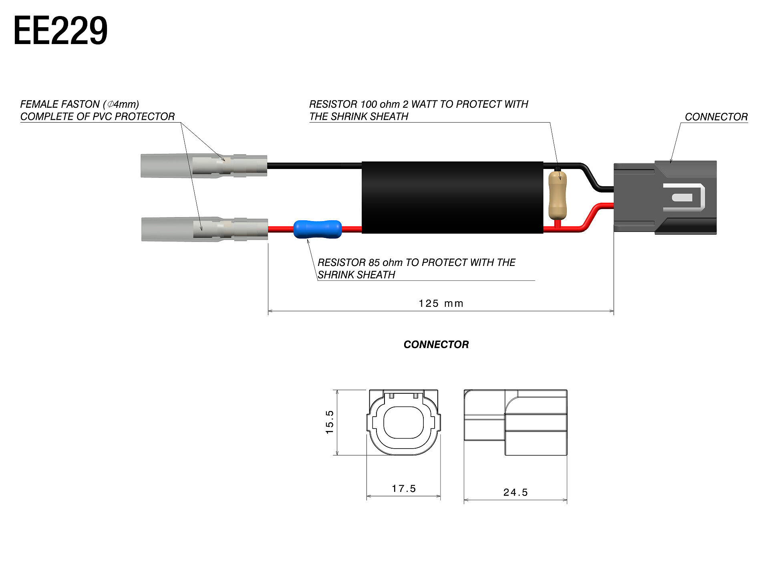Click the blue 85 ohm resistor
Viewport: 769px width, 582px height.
click(318, 229)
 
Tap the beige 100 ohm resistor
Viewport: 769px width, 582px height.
click(557, 195)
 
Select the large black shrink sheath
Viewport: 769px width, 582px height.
click(452, 197)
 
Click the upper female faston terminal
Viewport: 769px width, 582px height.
click(204, 165)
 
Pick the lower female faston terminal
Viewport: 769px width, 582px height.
click(204, 229)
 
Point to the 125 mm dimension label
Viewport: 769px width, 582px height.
click(441, 304)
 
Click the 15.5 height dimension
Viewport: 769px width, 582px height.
click(330, 422)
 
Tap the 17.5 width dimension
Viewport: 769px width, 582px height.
click(404, 489)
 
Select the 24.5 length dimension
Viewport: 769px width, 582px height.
click(515, 492)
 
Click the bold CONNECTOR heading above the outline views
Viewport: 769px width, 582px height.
click(436, 344)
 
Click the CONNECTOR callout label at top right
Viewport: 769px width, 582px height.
click(716, 117)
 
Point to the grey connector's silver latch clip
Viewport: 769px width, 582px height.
click(684, 197)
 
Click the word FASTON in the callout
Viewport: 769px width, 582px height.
click(81, 105)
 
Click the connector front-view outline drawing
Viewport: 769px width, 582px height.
click(403, 423)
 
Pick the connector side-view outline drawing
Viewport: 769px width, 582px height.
click(515, 423)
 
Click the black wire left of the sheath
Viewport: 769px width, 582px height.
click(314, 165)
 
